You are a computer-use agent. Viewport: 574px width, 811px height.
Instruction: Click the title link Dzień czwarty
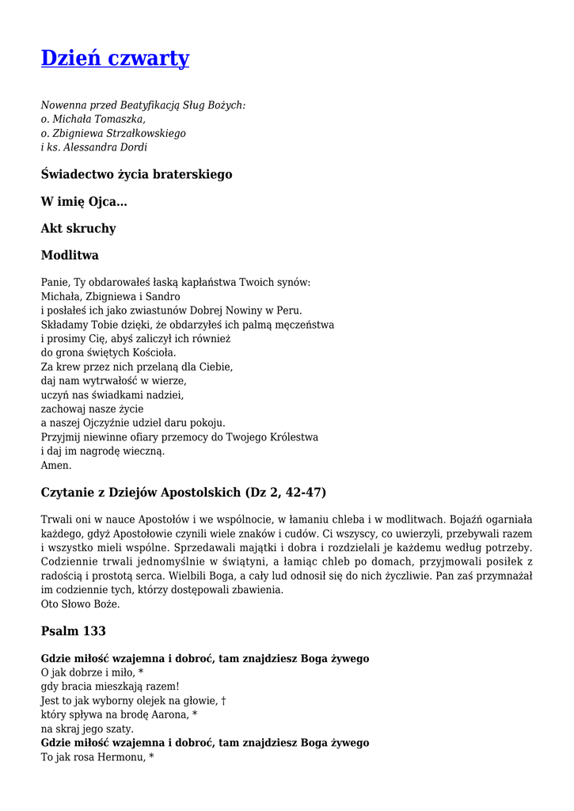115,58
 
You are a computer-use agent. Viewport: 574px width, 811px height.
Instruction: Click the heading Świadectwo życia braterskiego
136,174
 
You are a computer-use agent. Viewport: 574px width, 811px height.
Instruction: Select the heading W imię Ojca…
84,201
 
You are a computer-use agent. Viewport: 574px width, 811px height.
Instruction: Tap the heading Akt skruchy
78,229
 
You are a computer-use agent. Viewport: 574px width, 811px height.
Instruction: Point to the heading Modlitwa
70,256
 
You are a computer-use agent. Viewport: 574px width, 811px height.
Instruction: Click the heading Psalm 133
74,631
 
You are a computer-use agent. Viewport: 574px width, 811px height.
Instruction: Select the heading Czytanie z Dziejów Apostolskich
183,493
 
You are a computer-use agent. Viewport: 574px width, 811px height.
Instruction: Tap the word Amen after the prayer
55,466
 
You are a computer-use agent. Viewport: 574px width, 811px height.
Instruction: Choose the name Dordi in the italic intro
131,147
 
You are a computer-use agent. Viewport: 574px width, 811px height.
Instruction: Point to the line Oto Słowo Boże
80,604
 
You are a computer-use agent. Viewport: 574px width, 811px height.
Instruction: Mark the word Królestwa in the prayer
292,437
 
